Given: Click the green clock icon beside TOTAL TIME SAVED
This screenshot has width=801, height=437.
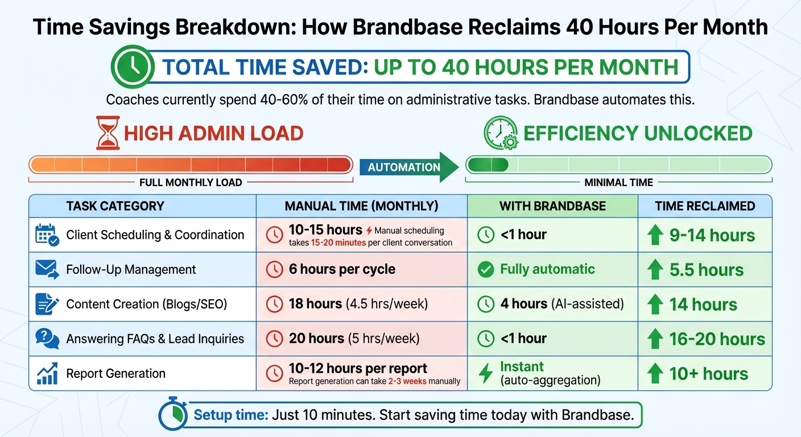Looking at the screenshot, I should (x=132, y=67).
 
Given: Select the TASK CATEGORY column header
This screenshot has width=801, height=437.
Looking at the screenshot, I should (x=115, y=206).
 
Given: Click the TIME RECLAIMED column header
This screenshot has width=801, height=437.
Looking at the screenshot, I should (x=705, y=206).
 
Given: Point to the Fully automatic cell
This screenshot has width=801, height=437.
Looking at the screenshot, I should (x=547, y=269).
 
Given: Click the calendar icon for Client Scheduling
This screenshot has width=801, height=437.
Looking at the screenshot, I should (x=47, y=235).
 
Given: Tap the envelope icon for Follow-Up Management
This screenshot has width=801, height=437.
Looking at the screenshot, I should (x=47, y=269).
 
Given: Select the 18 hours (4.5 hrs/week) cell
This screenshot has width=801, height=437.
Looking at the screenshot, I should (x=358, y=304).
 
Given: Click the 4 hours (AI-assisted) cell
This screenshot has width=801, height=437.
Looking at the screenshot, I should (x=561, y=304).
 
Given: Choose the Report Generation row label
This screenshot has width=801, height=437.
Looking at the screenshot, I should (x=115, y=373).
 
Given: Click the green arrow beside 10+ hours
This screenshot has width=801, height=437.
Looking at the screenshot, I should (x=655, y=374).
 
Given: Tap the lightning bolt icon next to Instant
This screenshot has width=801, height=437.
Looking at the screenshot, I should (x=485, y=373).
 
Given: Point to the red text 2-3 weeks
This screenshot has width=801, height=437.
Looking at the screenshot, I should (x=407, y=381).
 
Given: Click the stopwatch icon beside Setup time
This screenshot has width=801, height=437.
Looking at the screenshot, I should (x=173, y=416).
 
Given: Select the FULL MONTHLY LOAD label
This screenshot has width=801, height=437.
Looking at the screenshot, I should (x=191, y=183).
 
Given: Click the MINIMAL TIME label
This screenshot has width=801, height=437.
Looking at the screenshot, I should (x=618, y=183).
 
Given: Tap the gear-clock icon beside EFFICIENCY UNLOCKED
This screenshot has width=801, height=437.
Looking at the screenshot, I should (x=500, y=133).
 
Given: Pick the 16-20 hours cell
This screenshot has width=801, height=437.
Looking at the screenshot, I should (x=717, y=339).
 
